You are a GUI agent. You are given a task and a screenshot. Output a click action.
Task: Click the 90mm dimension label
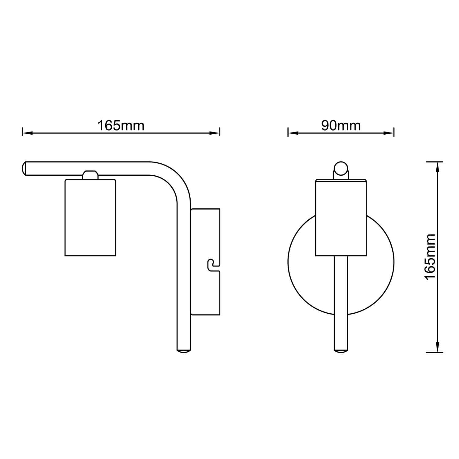[x=341, y=125]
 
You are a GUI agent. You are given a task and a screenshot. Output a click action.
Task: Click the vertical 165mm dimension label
[x=430, y=256]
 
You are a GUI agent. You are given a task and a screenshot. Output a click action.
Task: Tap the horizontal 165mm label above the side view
[x=121, y=125]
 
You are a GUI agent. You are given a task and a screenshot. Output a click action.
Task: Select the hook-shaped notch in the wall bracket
[x=213, y=265]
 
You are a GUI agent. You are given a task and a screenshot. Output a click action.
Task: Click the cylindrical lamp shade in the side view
[x=91, y=217]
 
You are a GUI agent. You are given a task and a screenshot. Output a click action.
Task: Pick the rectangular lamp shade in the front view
[x=341, y=217]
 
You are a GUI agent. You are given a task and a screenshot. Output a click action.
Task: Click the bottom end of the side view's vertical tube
[x=184, y=351]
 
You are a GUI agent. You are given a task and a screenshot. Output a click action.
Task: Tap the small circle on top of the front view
[x=341, y=168]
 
